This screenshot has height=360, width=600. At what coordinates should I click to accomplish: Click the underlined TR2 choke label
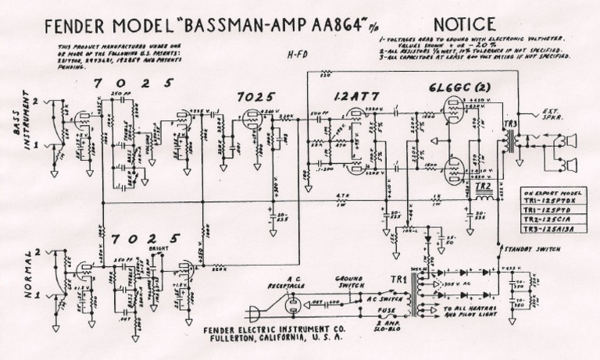tap(481, 187)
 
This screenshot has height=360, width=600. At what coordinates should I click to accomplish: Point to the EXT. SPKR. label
tap(548, 114)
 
